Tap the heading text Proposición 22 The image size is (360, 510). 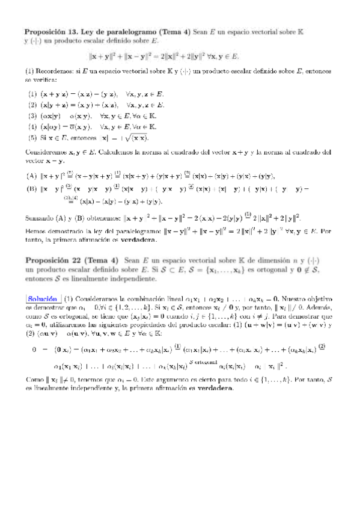(x=49, y=259)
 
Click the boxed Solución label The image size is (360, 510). (x=41, y=298)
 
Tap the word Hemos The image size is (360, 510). (x=35, y=230)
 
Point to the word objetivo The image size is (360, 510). (x=319, y=298)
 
